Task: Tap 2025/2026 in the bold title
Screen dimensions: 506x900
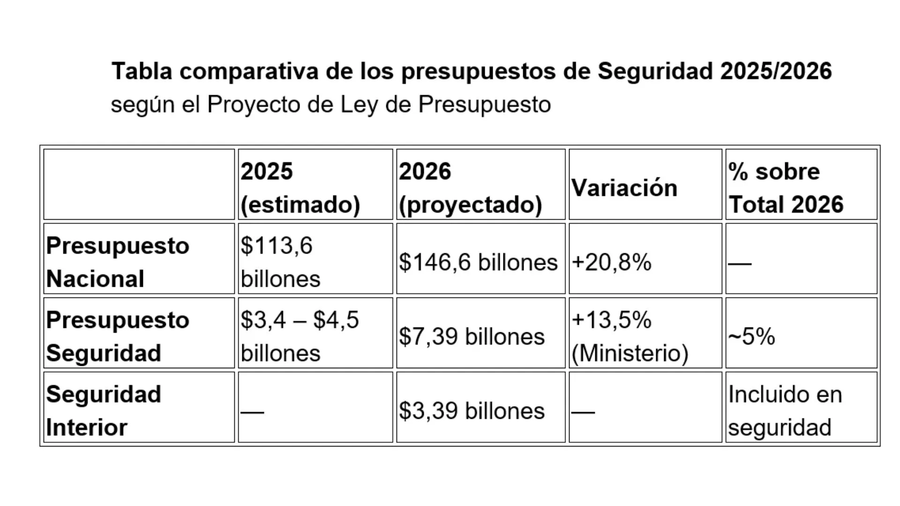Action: [776, 72]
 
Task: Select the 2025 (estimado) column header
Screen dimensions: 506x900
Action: [300, 188]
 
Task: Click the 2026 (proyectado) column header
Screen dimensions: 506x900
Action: [470, 188]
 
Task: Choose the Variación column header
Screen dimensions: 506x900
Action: [624, 188]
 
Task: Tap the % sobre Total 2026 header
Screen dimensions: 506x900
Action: [786, 188]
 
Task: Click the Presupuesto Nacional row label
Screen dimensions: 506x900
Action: [118, 262]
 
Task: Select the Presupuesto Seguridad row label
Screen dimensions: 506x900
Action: [118, 336]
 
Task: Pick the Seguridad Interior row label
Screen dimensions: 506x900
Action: [104, 410]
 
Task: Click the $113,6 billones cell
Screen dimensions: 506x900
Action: [280, 262]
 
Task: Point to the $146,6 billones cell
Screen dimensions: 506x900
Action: [479, 262]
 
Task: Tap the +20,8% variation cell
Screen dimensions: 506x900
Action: [612, 262]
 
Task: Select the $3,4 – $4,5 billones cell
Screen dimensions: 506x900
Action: [300, 336]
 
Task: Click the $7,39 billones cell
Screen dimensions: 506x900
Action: [472, 336]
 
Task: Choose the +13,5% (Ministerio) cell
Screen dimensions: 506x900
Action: [630, 336]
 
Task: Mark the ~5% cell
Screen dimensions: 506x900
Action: [751, 336]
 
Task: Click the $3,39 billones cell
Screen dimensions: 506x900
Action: [472, 411]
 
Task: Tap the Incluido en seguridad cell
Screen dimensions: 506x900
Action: [785, 410]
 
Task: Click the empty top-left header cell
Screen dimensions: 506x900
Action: [139, 184]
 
